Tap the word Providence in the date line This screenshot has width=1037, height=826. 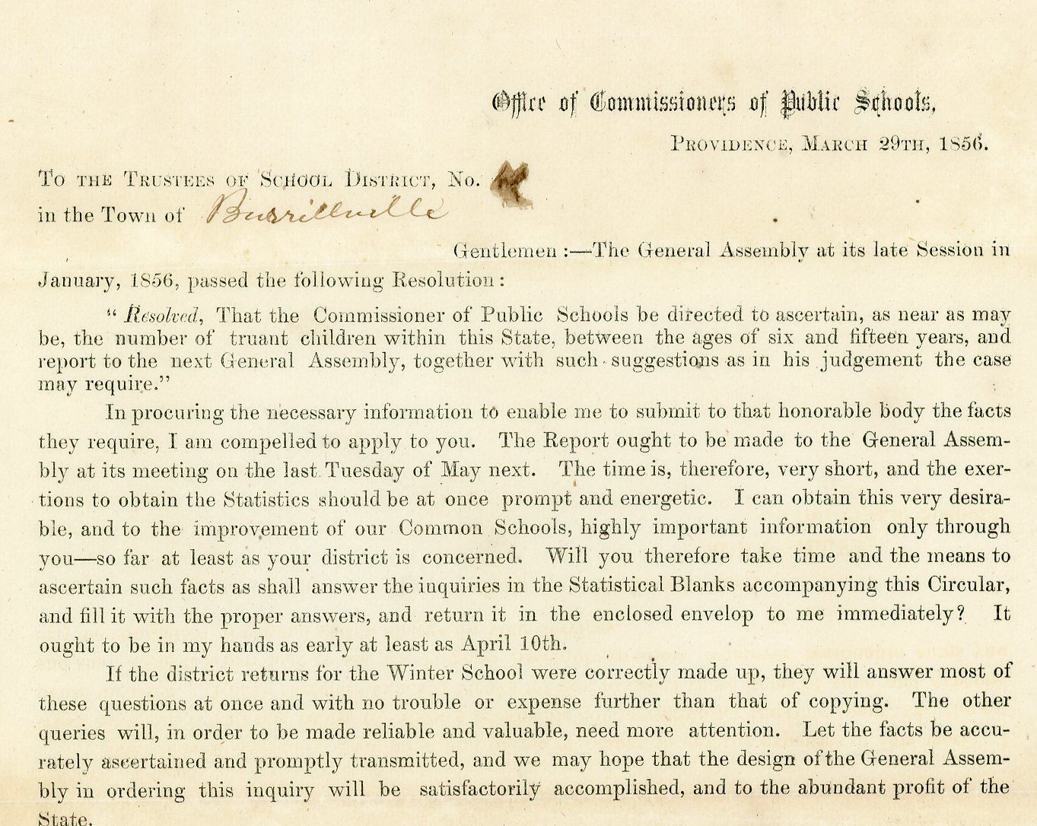(727, 141)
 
